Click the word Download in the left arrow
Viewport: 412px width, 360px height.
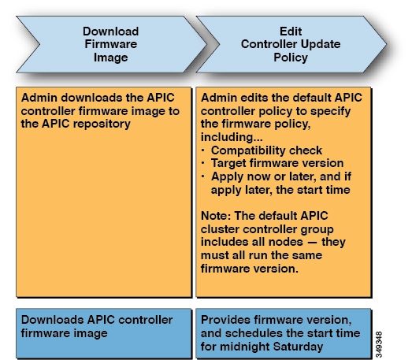pos(110,32)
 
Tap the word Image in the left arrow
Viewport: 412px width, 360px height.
pos(111,58)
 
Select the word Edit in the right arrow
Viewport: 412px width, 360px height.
pos(291,32)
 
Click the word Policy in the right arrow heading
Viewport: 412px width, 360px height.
pos(291,58)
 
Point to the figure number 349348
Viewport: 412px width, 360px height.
pos(379,344)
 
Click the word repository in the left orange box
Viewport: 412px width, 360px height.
pos(102,124)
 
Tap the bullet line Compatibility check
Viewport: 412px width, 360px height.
pos(266,150)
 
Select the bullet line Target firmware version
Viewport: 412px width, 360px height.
pos(277,163)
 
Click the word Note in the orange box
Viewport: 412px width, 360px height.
pos(216,216)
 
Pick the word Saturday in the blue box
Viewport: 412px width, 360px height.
pos(298,347)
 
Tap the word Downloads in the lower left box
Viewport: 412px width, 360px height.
pos(52,320)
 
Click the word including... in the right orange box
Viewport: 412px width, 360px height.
pos(232,137)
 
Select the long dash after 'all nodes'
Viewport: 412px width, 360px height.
pos(312,243)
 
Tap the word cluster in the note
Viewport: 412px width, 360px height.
pos(220,229)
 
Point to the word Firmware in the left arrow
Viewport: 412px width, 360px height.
pos(110,44)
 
